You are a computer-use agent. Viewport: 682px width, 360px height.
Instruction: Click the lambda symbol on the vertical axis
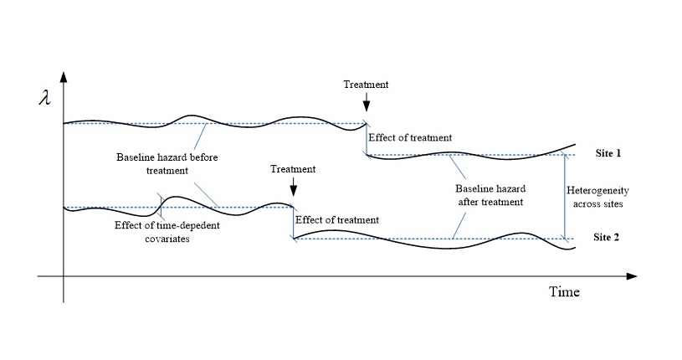click(44, 97)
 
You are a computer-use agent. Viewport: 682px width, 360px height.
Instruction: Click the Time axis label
click(563, 292)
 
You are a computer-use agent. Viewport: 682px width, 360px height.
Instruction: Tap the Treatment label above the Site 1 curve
click(366, 85)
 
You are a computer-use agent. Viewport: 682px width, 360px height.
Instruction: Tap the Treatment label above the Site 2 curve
click(293, 169)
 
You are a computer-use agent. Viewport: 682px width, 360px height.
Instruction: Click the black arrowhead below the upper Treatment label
click(366, 104)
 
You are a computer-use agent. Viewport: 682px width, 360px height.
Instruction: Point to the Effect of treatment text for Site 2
click(337, 219)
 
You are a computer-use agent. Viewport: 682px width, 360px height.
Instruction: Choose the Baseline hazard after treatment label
click(490, 195)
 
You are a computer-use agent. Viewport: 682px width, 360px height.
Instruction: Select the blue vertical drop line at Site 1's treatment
click(366, 141)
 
